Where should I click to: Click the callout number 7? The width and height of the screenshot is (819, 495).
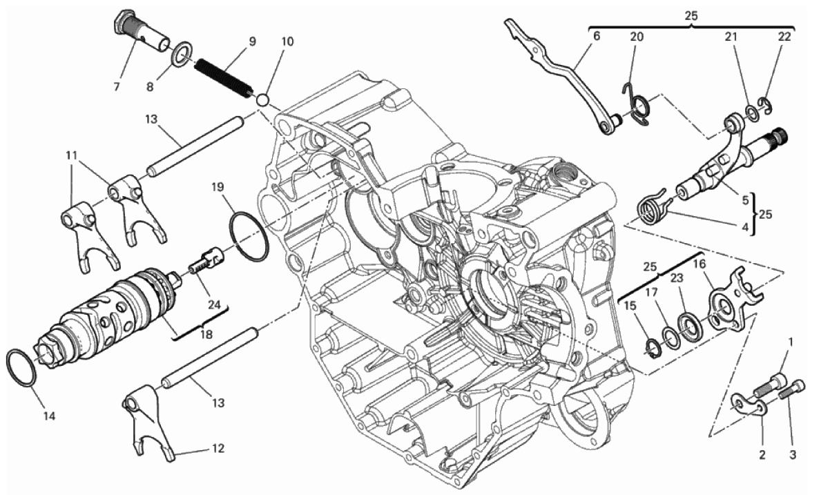117,88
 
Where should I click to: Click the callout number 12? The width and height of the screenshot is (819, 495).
218,449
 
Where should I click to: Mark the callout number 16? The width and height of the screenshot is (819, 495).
698,264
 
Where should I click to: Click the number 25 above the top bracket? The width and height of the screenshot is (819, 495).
691,15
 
